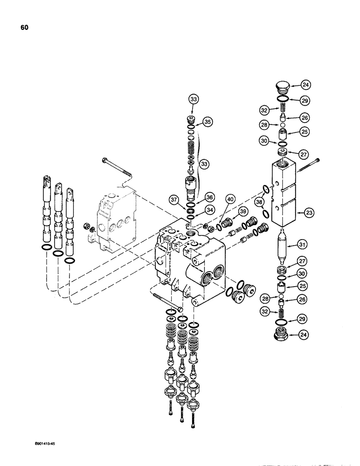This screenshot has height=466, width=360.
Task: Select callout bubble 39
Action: [x=242, y=211]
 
